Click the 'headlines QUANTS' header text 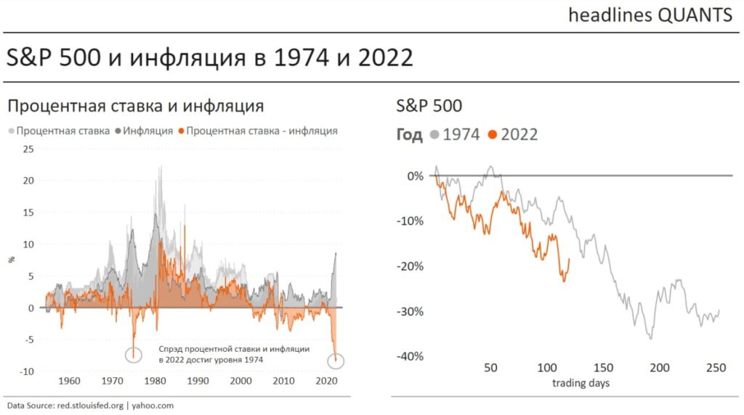click(650, 15)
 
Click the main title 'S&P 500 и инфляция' click(210, 57)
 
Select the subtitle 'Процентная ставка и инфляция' click(135, 106)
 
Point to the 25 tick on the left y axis click(29, 149)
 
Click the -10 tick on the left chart click(27, 371)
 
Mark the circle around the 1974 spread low click(134, 355)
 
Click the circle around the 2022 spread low click(336, 361)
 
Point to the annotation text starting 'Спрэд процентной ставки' click(233, 354)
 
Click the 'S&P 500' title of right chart click(429, 106)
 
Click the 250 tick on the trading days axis click(716, 369)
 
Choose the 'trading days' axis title click(581, 383)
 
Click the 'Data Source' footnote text click(90, 406)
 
